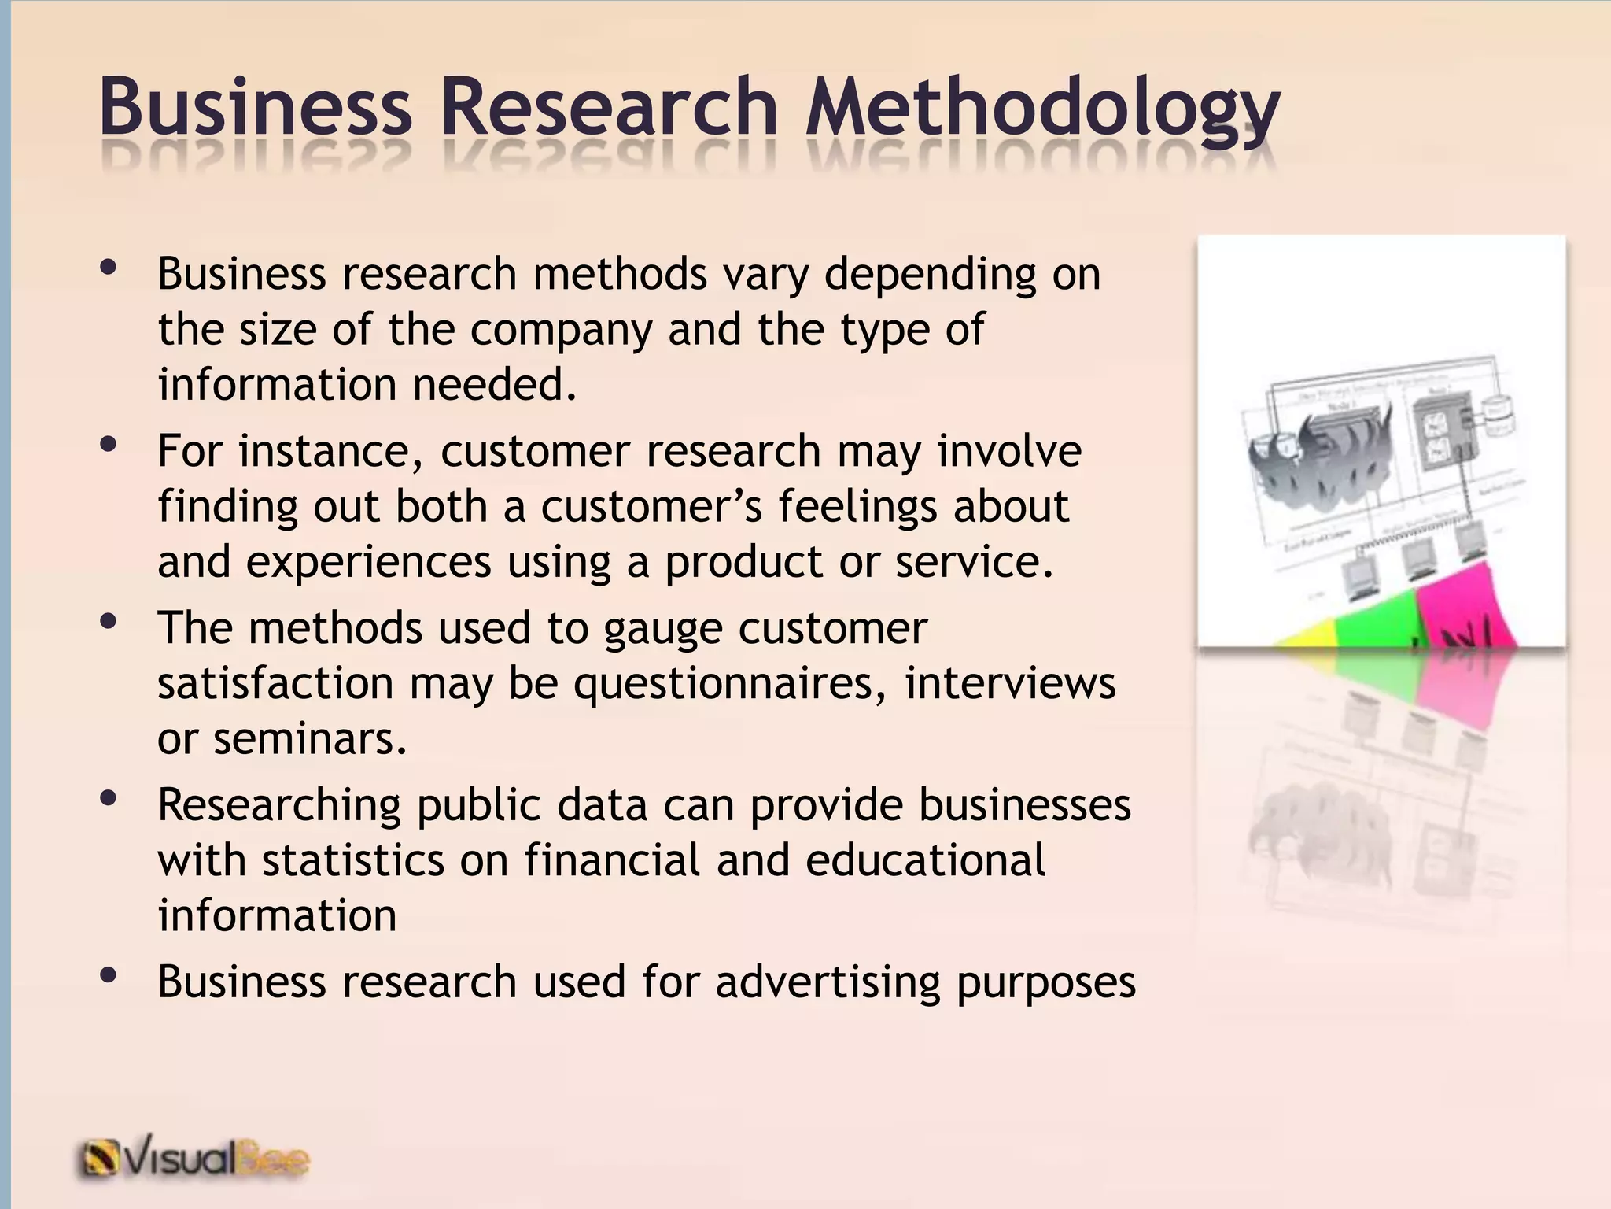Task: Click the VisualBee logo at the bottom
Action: click(x=193, y=1159)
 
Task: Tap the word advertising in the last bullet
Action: click(x=828, y=982)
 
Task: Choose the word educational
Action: click(x=925, y=860)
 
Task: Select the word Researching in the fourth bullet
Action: click(x=280, y=806)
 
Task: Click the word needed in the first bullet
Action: click(x=493, y=385)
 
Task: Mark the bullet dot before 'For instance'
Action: click(x=109, y=446)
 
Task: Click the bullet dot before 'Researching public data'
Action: click(x=109, y=800)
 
